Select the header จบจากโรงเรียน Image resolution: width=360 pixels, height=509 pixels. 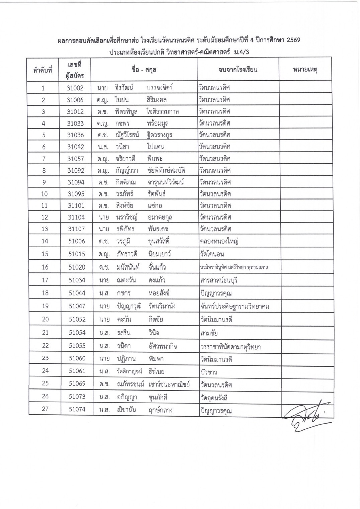[238, 70]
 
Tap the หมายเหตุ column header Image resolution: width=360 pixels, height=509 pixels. [305, 70]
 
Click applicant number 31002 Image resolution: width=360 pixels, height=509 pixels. [75, 88]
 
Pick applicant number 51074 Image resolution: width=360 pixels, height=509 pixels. [77, 409]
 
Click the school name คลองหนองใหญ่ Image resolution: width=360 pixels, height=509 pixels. [219, 241]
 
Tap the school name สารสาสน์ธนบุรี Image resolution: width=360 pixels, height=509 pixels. [219, 280]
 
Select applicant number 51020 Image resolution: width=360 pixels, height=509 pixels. [77, 267]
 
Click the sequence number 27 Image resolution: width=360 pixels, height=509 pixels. [45, 409]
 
